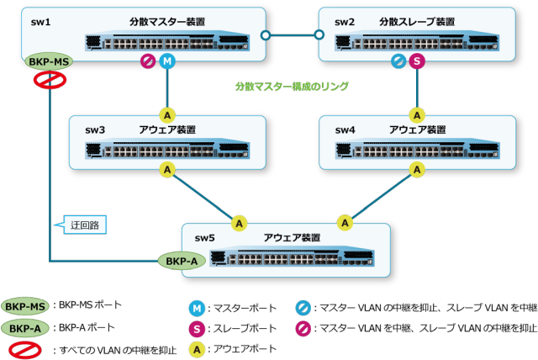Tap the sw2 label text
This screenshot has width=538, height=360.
coord(345,21)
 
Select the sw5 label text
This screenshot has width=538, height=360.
coord(205,238)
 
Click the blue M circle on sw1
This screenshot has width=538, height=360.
coord(167,61)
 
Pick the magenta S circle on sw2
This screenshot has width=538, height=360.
coord(417,61)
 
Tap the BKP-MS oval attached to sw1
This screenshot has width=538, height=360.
coord(49,62)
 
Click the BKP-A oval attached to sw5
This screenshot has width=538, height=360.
coord(182,262)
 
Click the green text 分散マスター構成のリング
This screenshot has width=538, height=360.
coord(292,87)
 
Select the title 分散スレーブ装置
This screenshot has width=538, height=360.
coord(417,21)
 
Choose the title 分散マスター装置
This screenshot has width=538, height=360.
coord(167,21)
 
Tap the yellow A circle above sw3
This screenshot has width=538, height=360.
coord(167,114)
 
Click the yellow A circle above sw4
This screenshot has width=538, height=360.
coord(417,114)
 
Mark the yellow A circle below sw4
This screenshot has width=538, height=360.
coord(417,170)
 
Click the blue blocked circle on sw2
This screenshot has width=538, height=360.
coord(398,61)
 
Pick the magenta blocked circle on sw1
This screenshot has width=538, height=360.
coord(149,61)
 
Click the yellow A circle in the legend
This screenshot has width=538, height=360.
coord(197,347)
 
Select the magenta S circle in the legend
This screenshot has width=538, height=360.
coord(197,328)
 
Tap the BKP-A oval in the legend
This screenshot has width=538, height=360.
coord(25,328)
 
